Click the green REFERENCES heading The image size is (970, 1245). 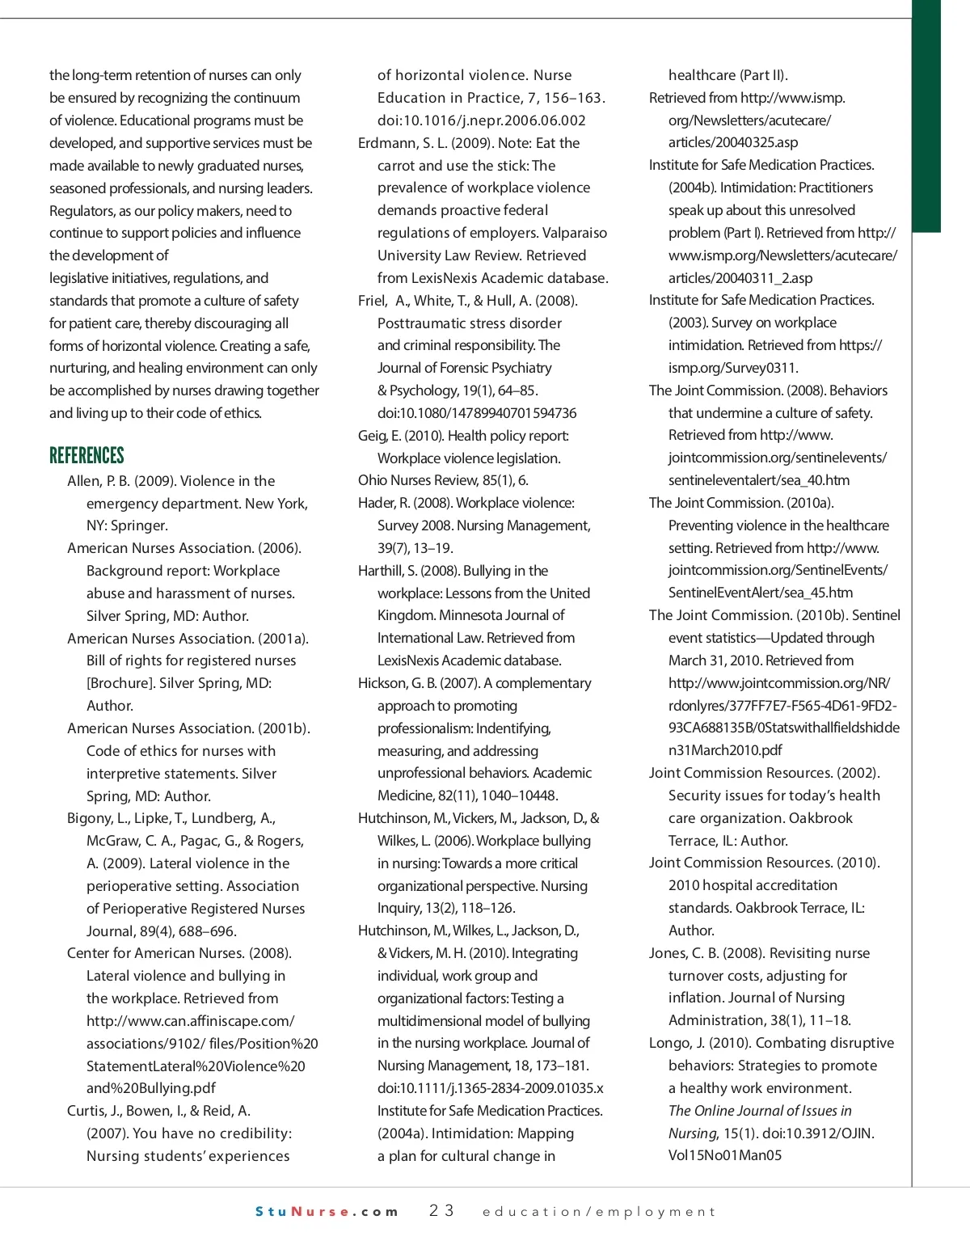click(86, 455)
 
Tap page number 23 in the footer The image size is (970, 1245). click(441, 1211)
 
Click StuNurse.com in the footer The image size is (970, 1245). click(327, 1212)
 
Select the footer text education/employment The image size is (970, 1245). click(599, 1212)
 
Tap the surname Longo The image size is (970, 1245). click(668, 1043)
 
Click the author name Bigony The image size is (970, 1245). click(89, 818)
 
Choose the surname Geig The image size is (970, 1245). click(373, 436)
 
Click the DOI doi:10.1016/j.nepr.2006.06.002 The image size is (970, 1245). click(481, 120)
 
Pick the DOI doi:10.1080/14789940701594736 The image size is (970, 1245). click(477, 413)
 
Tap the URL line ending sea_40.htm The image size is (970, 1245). click(759, 480)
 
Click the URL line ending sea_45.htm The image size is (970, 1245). click(761, 593)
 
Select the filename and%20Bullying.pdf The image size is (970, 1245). click(150, 1088)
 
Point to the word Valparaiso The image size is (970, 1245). click(575, 233)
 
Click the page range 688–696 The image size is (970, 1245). click(208, 931)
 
